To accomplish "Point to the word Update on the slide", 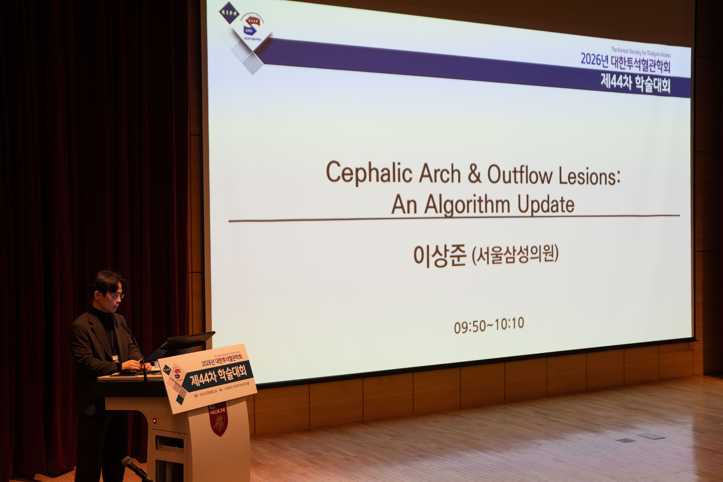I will pos(546,204).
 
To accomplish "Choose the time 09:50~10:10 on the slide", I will pos(489,325).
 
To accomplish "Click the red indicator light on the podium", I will pos(155,420).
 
